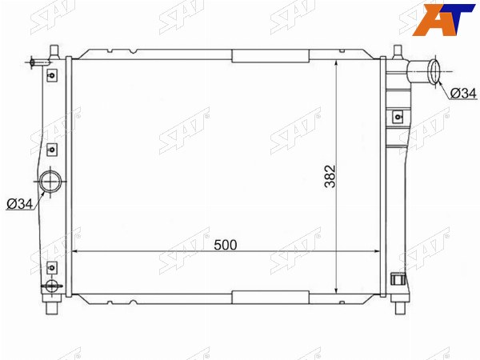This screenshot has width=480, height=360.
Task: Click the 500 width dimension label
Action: coord(226,245)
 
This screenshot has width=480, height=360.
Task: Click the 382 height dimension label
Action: coord(330,176)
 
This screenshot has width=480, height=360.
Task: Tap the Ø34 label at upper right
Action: coord(464,94)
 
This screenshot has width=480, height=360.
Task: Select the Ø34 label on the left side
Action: coord(19,204)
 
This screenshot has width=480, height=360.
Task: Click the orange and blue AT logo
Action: coord(443,19)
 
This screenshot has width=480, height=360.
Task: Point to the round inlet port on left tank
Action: coord(50,182)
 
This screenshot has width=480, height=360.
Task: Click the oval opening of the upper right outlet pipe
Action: coord(434,72)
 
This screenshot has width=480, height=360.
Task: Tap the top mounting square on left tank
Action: coord(52,75)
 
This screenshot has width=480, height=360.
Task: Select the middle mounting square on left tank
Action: coord(52,150)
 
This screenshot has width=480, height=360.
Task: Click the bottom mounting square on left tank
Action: coord(52,267)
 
